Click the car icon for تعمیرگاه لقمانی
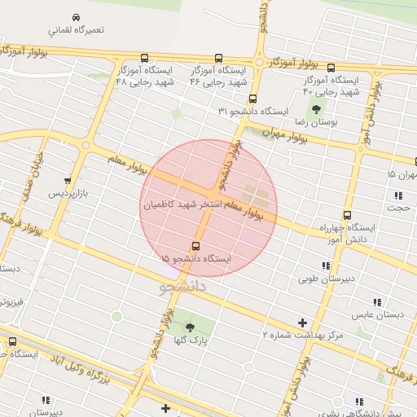[x=76, y=17]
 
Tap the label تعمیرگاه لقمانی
[x=76, y=30]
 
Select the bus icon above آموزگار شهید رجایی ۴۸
[x=144, y=58]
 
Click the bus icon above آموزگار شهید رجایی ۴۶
[x=218, y=58]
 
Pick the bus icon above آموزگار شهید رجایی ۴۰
[x=331, y=68]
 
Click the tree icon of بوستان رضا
[x=315, y=109]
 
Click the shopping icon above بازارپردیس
[x=67, y=181]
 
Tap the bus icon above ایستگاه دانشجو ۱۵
[x=195, y=246]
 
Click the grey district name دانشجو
[x=182, y=287]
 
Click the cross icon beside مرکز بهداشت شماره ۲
[x=303, y=323]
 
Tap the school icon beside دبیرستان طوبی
[x=326, y=266]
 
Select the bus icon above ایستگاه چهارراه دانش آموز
[x=347, y=216]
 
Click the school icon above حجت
[x=398, y=195]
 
